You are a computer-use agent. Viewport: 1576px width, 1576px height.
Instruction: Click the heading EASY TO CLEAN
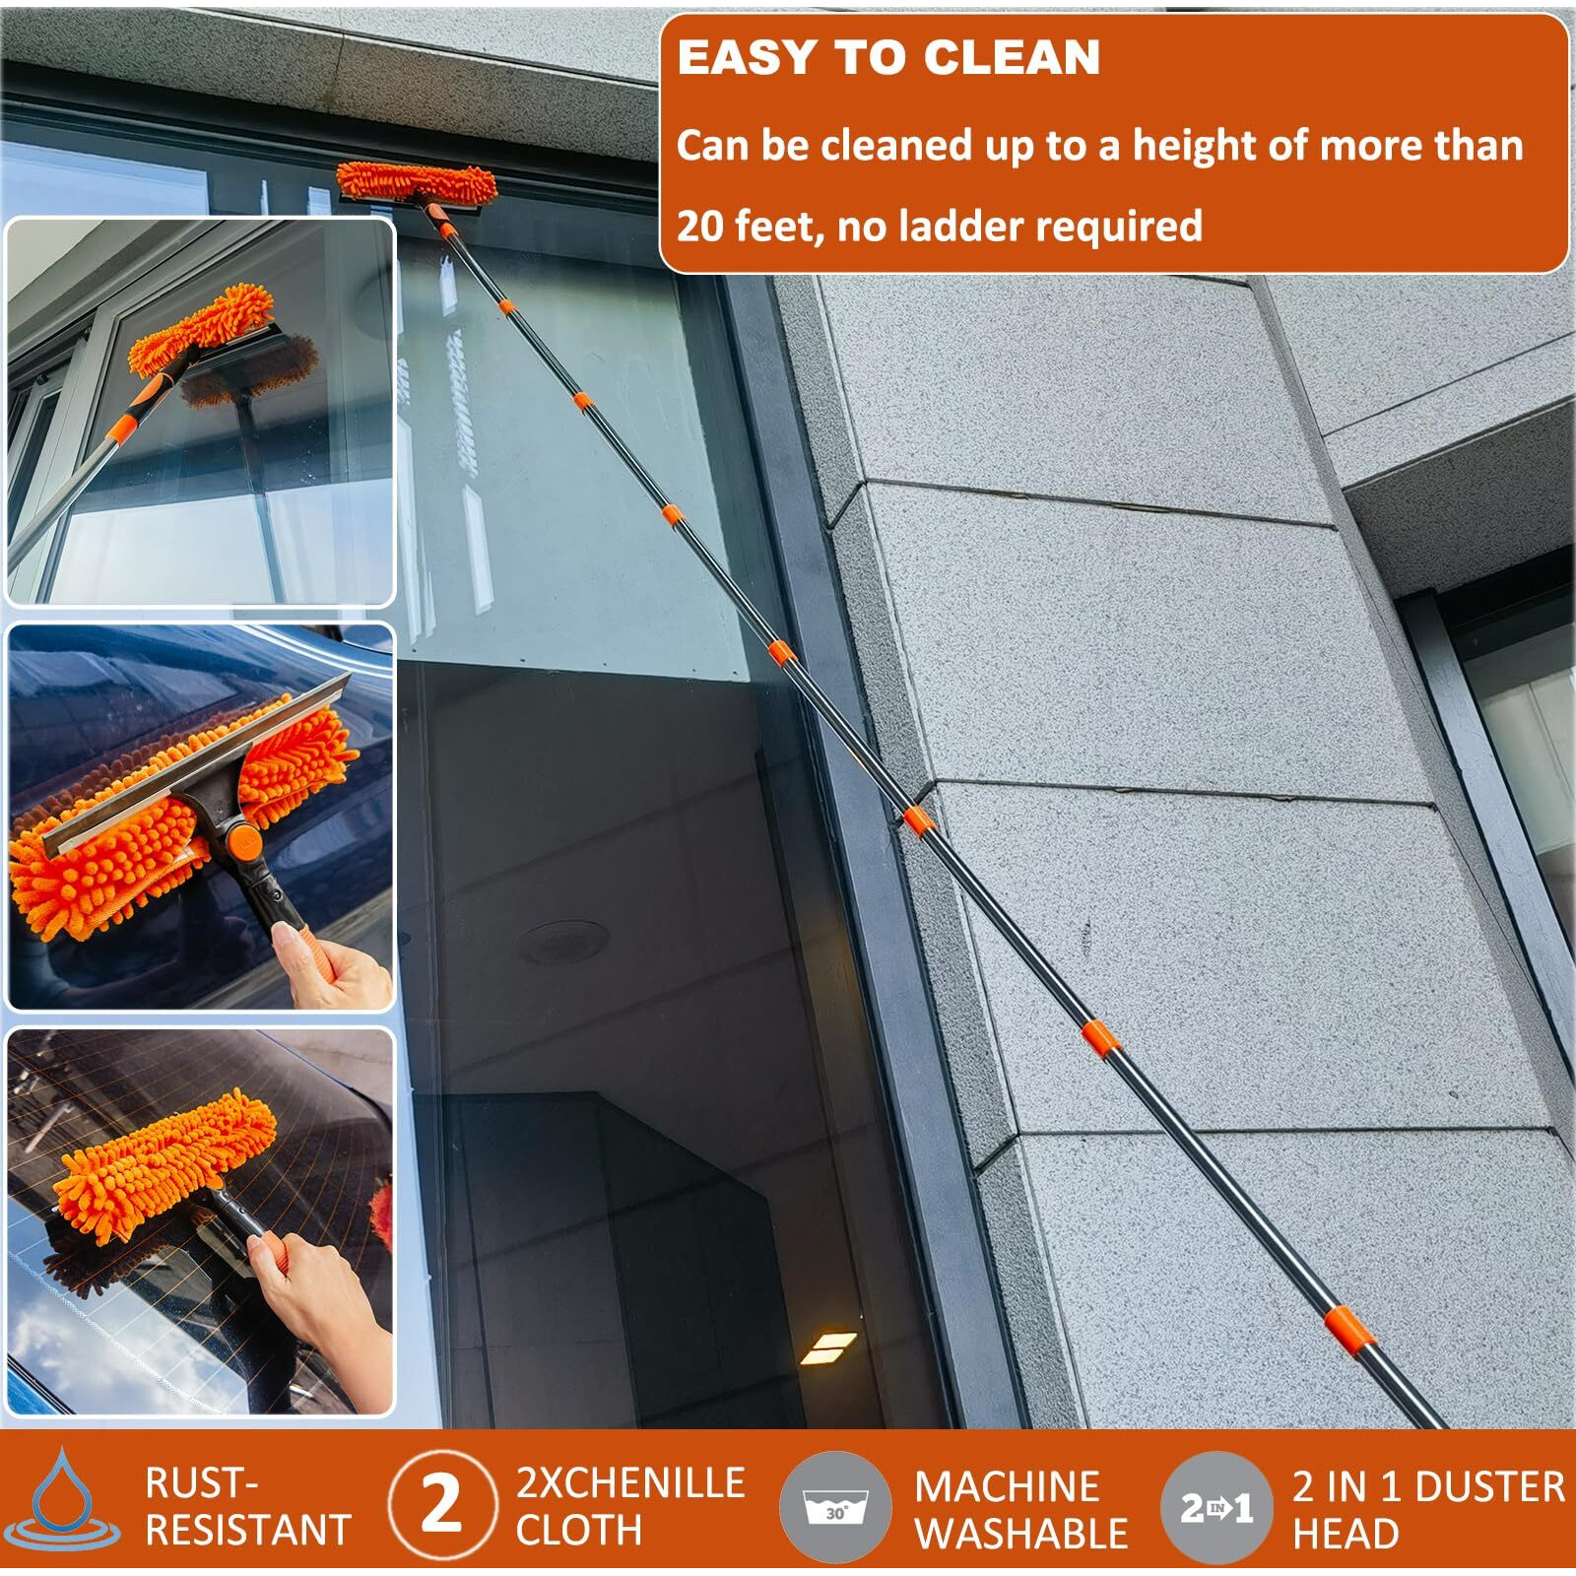[888, 57]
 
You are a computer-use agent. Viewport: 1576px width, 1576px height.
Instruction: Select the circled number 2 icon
[442, 1504]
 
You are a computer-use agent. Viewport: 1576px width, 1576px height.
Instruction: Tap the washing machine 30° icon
[836, 1506]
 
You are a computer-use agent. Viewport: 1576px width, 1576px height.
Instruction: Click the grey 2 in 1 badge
[1216, 1507]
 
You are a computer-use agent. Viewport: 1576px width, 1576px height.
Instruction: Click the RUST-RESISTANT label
[247, 1506]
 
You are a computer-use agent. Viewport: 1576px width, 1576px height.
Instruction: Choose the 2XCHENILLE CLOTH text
[630, 1506]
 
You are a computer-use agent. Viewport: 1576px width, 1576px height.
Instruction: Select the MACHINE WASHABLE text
[1021, 1509]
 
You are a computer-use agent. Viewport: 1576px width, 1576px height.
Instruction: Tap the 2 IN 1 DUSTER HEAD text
[1428, 1509]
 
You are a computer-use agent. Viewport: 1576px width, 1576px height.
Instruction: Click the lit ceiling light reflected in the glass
[828, 1347]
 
